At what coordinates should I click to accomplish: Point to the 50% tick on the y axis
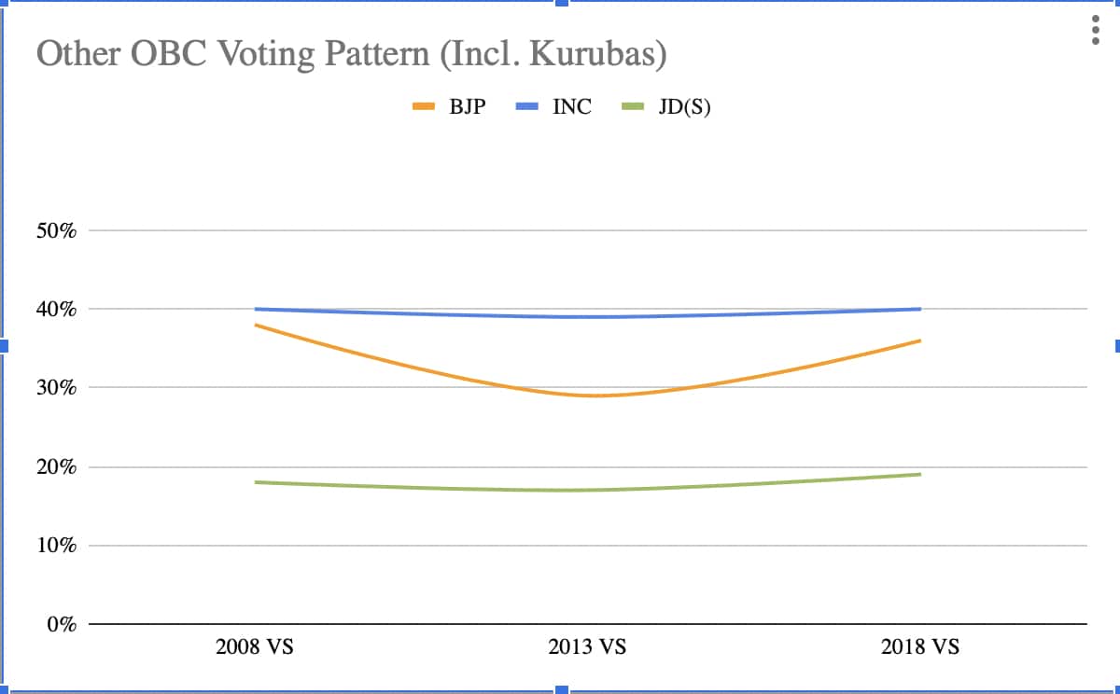click(55, 230)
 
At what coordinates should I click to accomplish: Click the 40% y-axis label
click(55, 309)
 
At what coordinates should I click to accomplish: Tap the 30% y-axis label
click(55, 388)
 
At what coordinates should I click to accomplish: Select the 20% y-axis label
click(55, 466)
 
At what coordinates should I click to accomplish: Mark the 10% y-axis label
click(55, 546)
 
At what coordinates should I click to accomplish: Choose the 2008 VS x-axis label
click(254, 647)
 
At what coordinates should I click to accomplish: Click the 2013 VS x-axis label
click(587, 647)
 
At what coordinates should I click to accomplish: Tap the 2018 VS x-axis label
click(920, 647)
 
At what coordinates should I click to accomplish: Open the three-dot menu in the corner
click(1095, 29)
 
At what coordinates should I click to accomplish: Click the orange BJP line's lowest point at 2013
click(588, 396)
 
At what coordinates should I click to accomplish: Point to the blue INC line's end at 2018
click(920, 309)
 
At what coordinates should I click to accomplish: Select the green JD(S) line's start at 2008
click(255, 482)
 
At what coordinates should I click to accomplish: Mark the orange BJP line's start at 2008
click(255, 325)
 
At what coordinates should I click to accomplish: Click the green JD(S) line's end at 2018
click(920, 474)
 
